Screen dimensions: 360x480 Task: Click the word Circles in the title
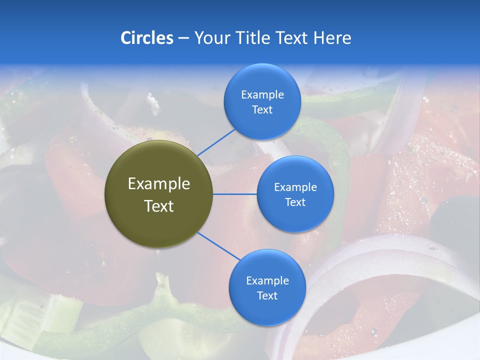146,38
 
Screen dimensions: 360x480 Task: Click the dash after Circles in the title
183,38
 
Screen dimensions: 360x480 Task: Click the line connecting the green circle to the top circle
216,142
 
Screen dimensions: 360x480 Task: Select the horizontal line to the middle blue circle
234,194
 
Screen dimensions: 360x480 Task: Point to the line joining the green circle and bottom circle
218,246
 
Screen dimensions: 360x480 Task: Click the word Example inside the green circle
159,184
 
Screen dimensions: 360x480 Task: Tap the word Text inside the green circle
159,206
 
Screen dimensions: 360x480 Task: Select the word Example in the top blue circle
262,95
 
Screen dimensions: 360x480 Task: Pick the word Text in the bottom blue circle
267,296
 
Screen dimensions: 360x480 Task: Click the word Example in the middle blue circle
295,187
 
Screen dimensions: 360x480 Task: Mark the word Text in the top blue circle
262,110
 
